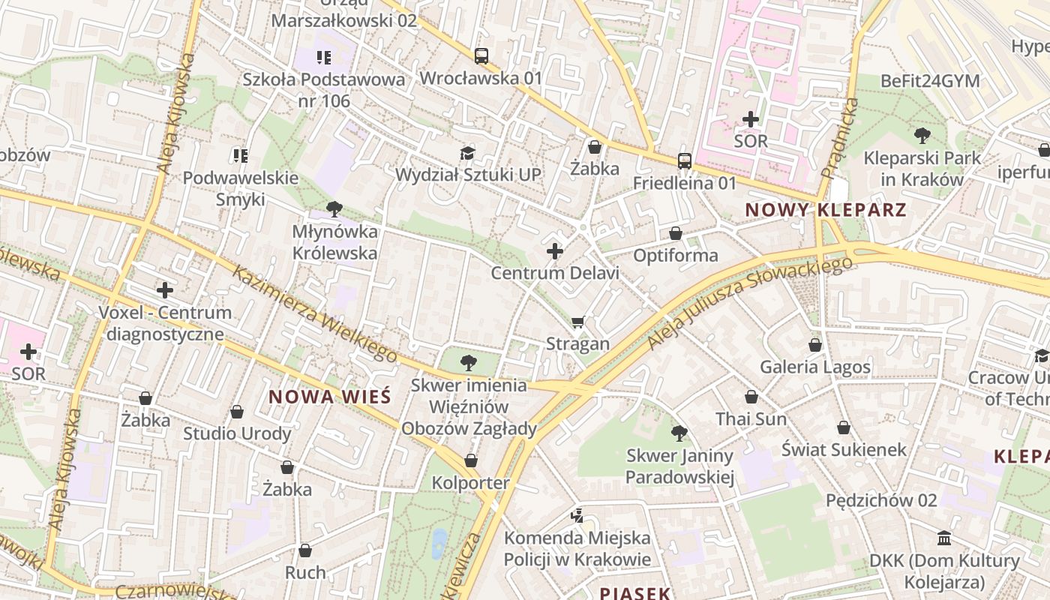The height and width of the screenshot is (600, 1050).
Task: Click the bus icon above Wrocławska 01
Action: (x=481, y=55)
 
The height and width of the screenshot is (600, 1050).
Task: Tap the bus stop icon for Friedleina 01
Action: (x=684, y=160)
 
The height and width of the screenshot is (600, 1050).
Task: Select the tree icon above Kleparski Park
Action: (x=922, y=136)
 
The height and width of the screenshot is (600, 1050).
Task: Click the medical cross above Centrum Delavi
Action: (x=555, y=250)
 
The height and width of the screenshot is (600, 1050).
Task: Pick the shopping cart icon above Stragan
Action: (x=577, y=322)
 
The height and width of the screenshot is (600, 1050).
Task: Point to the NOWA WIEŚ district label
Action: (x=330, y=397)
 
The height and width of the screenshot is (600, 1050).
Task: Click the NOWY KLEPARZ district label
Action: (x=826, y=210)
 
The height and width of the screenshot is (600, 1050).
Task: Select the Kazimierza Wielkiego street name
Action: (x=314, y=315)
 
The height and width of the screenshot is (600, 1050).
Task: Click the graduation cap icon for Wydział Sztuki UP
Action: (x=468, y=153)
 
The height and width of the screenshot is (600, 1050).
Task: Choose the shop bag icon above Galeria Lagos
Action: (x=815, y=345)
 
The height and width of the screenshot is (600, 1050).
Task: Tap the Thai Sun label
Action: (x=751, y=418)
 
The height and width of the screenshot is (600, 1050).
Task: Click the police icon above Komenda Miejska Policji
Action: (x=577, y=515)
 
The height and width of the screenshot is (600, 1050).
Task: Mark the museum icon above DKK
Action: (x=944, y=538)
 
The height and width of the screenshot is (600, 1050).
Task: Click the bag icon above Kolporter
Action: (x=471, y=460)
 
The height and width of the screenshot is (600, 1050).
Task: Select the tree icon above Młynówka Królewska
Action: (x=334, y=209)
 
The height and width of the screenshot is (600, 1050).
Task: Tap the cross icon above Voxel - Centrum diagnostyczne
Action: (x=165, y=290)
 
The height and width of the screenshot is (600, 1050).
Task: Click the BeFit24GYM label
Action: (x=930, y=81)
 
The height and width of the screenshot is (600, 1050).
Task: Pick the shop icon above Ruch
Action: (x=305, y=550)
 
